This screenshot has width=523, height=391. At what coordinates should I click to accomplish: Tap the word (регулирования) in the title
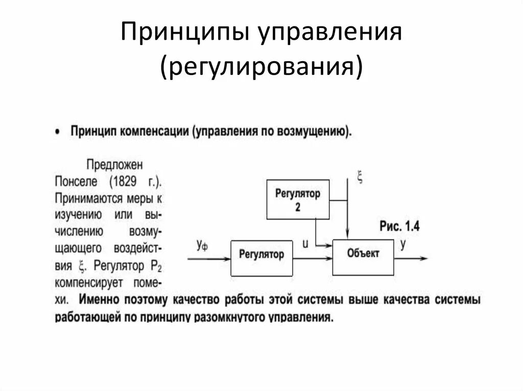[262, 67]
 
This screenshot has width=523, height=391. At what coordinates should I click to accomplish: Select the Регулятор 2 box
[298, 199]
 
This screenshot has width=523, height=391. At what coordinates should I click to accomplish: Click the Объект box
[363, 253]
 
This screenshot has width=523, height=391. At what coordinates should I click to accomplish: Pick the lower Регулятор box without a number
[261, 254]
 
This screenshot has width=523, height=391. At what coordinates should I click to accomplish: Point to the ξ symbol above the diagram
[360, 178]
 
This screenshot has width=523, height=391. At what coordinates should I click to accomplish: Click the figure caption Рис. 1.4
[399, 227]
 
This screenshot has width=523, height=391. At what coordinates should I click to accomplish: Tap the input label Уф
[202, 245]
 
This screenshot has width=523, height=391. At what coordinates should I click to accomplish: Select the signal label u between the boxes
[305, 244]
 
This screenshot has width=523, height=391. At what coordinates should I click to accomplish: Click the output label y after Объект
[403, 244]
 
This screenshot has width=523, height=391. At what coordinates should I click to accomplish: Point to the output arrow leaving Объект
[411, 258]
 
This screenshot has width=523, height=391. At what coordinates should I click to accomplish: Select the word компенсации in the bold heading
[155, 131]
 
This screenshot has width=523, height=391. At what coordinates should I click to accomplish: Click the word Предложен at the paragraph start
[114, 165]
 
